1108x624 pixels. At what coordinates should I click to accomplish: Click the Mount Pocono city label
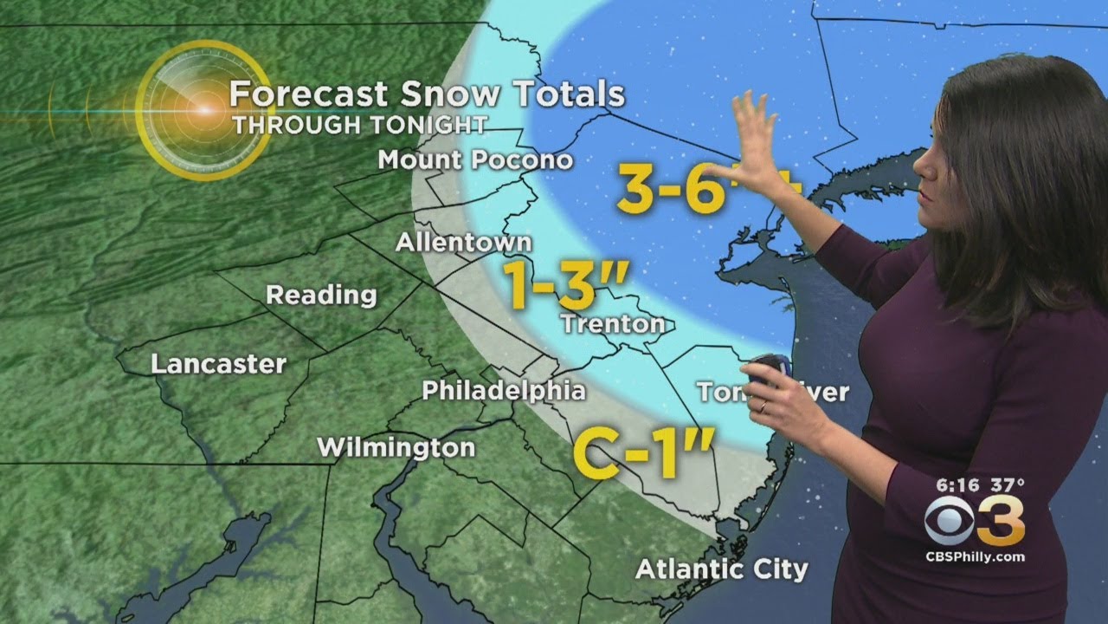475,160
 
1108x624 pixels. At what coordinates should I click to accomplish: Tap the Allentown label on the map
463,243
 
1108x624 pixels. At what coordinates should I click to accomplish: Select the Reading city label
321,295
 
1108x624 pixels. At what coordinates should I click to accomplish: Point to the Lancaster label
218,364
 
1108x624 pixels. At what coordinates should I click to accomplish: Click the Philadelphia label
503,391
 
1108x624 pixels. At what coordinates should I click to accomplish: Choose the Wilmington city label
396,448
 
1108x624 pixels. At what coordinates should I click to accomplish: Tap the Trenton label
613,325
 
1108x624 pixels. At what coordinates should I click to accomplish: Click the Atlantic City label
721,569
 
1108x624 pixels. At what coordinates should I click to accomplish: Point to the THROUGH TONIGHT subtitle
358,124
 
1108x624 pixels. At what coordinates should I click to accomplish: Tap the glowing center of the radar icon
204,111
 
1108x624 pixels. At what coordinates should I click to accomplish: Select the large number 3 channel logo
1002,521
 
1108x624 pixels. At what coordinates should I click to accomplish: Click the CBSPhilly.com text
976,555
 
